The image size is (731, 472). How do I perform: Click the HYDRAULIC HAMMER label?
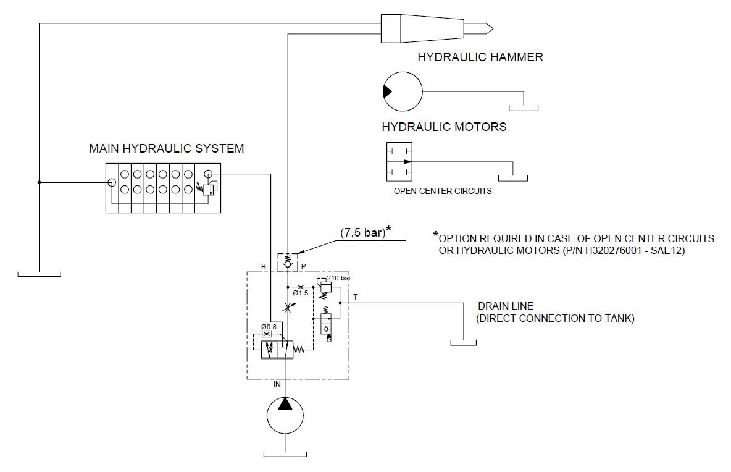pyautogui.click(x=480, y=57)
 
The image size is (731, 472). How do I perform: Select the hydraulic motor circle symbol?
pyautogui.click(x=403, y=91)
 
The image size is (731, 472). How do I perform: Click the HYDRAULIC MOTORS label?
pyautogui.click(x=444, y=127)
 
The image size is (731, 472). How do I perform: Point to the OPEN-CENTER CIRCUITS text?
pyautogui.click(x=443, y=191)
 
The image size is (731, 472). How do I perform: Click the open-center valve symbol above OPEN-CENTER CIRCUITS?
pyautogui.click(x=399, y=162)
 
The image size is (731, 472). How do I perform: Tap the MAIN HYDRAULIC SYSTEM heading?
pyautogui.click(x=167, y=149)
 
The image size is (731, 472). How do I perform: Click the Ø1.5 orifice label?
pyautogui.click(x=300, y=293)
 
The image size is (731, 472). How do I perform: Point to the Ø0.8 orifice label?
pyautogui.click(x=269, y=326)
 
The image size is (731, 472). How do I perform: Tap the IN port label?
pyautogui.click(x=277, y=384)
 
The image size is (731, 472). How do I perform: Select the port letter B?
pyautogui.click(x=264, y=267)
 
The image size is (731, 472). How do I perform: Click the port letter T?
pyautogui.click(x=355, y=297)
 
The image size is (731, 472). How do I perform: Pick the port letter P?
pyautogui.click(x=303, y=267)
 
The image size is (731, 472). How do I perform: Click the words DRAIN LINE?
pyautogui.click(x=506, y=306)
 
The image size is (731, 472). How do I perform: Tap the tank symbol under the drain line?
pyautogui.click(x=463, y=342)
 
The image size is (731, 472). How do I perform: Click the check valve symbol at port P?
pyautogui.click(x=288, y=260)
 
